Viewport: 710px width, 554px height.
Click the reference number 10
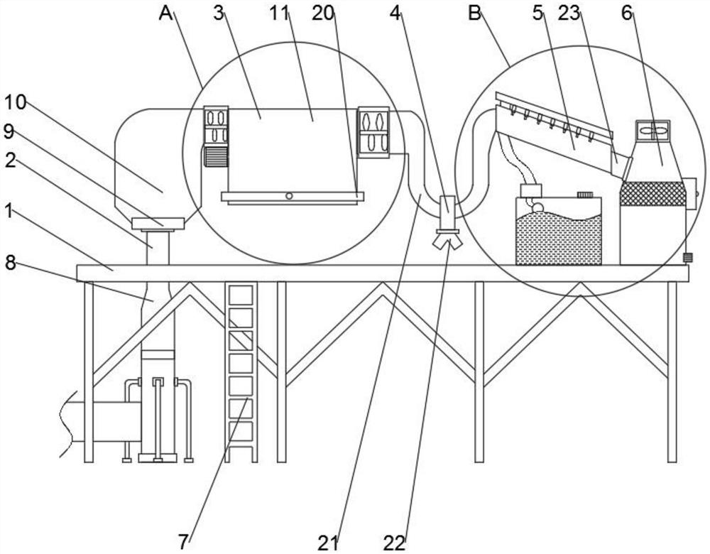[x=16, y=102]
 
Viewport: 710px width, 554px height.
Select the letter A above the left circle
[x=166, y=13]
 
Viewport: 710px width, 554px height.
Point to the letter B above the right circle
[x=474, y=13]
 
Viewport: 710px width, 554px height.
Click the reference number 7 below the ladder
[x=184, y=542]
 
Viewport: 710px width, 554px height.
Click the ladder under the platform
[x=241, y=372]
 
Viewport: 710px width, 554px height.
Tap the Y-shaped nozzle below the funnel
[x=447, y=241]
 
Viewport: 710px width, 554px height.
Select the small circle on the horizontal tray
[x=289, y=195]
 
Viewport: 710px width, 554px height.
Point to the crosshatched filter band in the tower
[x=652, y=193]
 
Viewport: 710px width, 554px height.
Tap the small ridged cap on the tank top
[x=584, y=194]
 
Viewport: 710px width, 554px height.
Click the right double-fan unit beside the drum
[x=373, y=131]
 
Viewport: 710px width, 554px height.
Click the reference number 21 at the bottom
[x=328, y=543]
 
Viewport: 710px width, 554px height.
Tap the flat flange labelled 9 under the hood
[x=158, y=224]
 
